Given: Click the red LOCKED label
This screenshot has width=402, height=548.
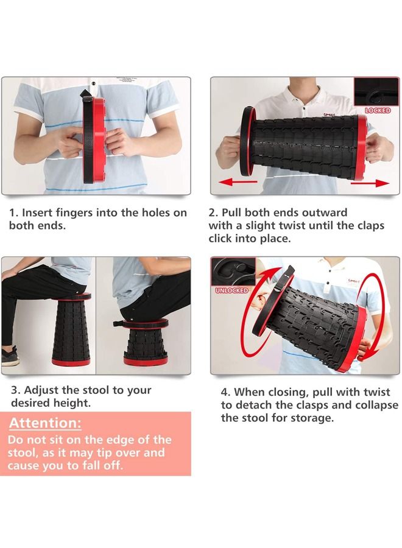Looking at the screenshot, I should click(x=377, y=111).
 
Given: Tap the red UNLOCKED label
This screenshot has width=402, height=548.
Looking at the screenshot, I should click(x=231, y=290).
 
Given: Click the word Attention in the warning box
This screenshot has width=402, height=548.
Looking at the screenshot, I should click(x=44, y=423).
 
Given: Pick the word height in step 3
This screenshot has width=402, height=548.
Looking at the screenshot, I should click(x=74, y=403).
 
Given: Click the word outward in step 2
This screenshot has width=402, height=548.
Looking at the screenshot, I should click(x=321, y=213).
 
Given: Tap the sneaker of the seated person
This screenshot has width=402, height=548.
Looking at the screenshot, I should click(x=10, y=356).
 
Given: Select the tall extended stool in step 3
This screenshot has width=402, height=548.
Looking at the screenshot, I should click(x=71, y=332).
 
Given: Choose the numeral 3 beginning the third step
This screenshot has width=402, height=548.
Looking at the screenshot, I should click(x=14, y=390).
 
